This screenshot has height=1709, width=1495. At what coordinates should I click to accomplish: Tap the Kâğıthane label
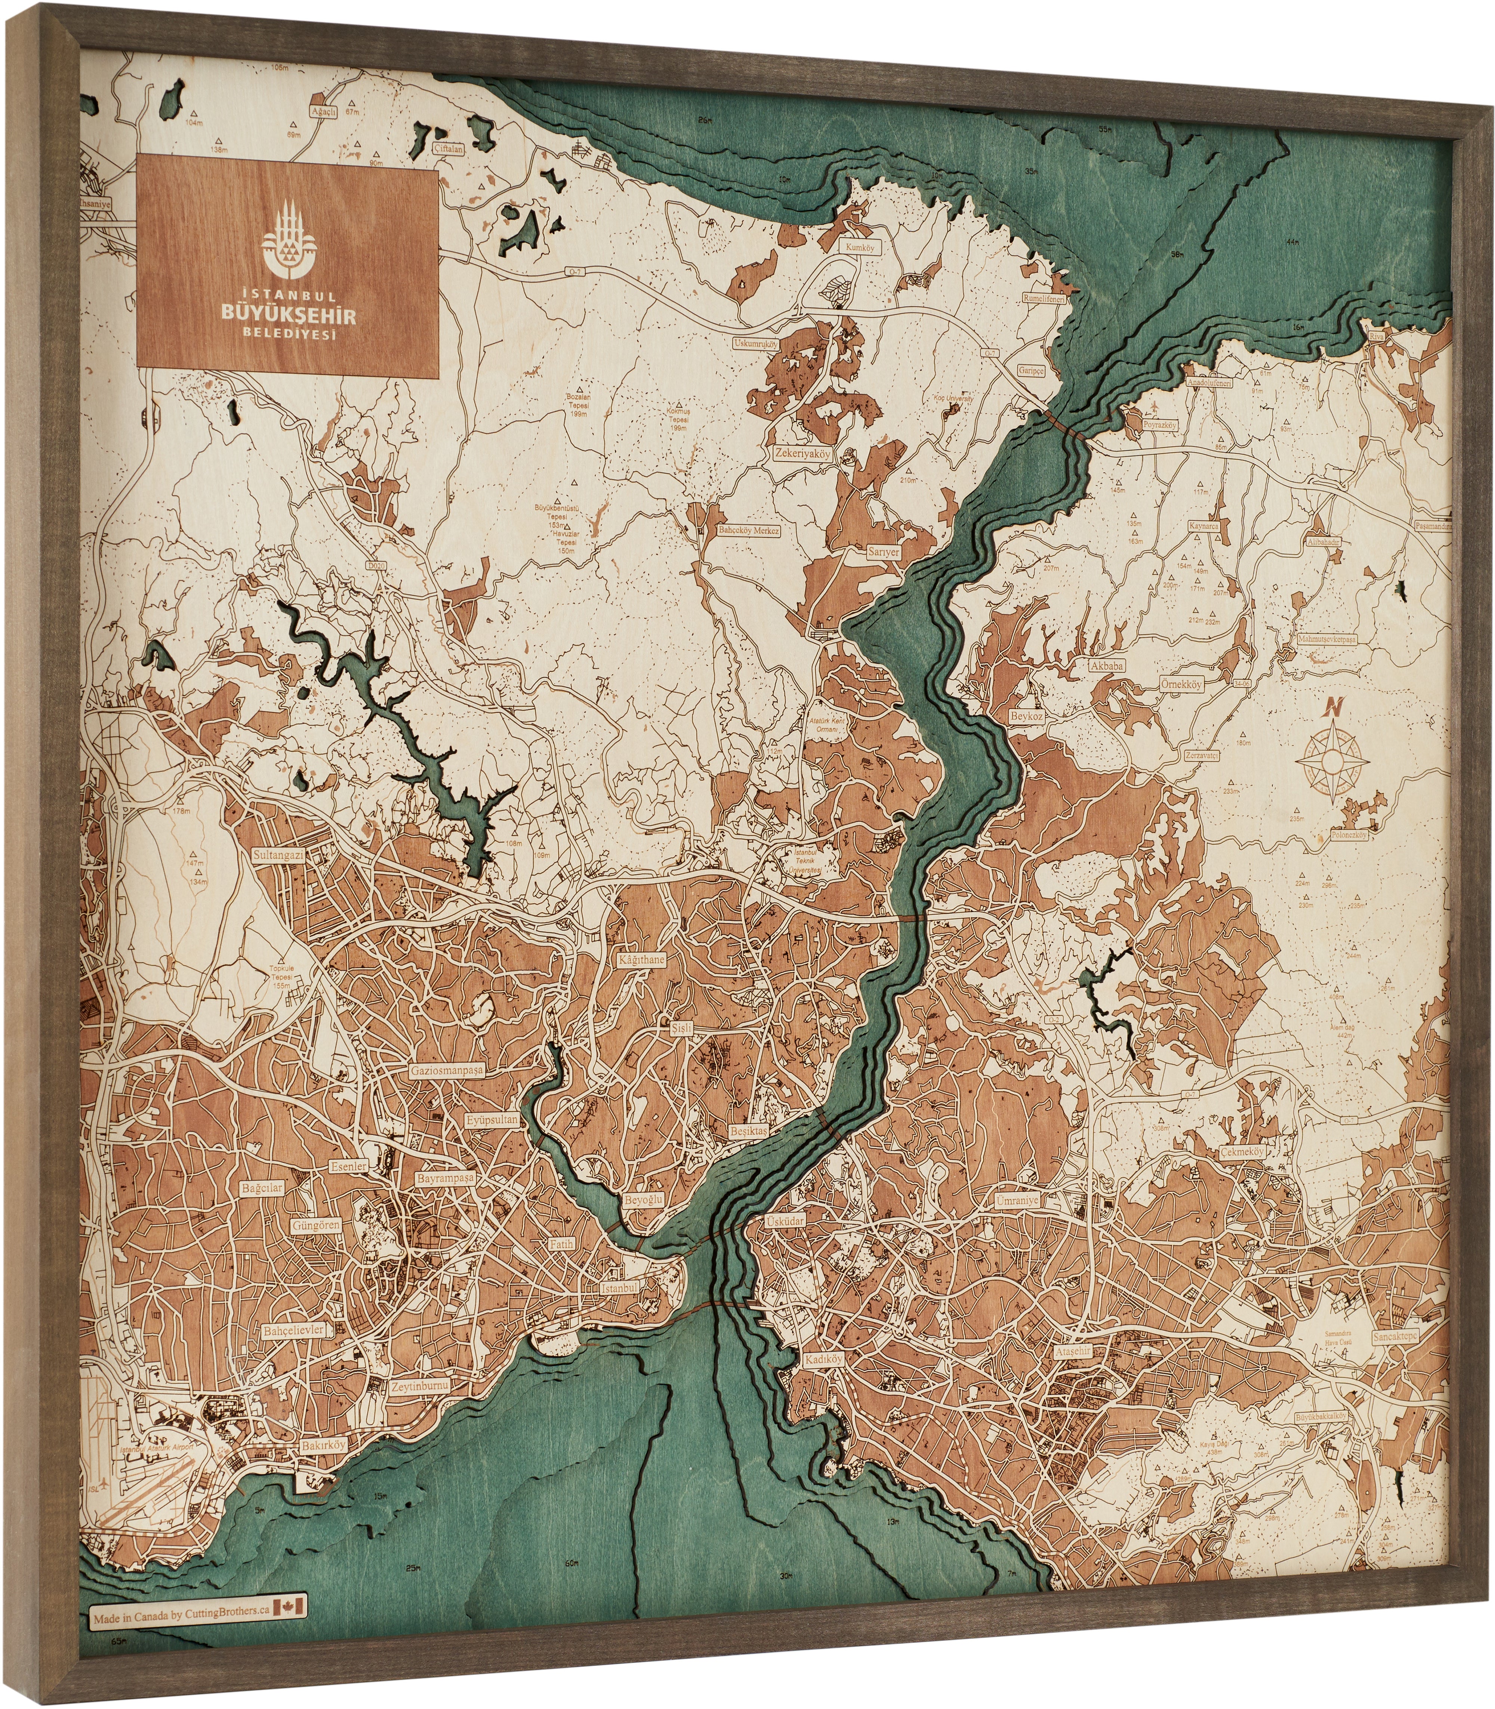pos(642,960)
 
